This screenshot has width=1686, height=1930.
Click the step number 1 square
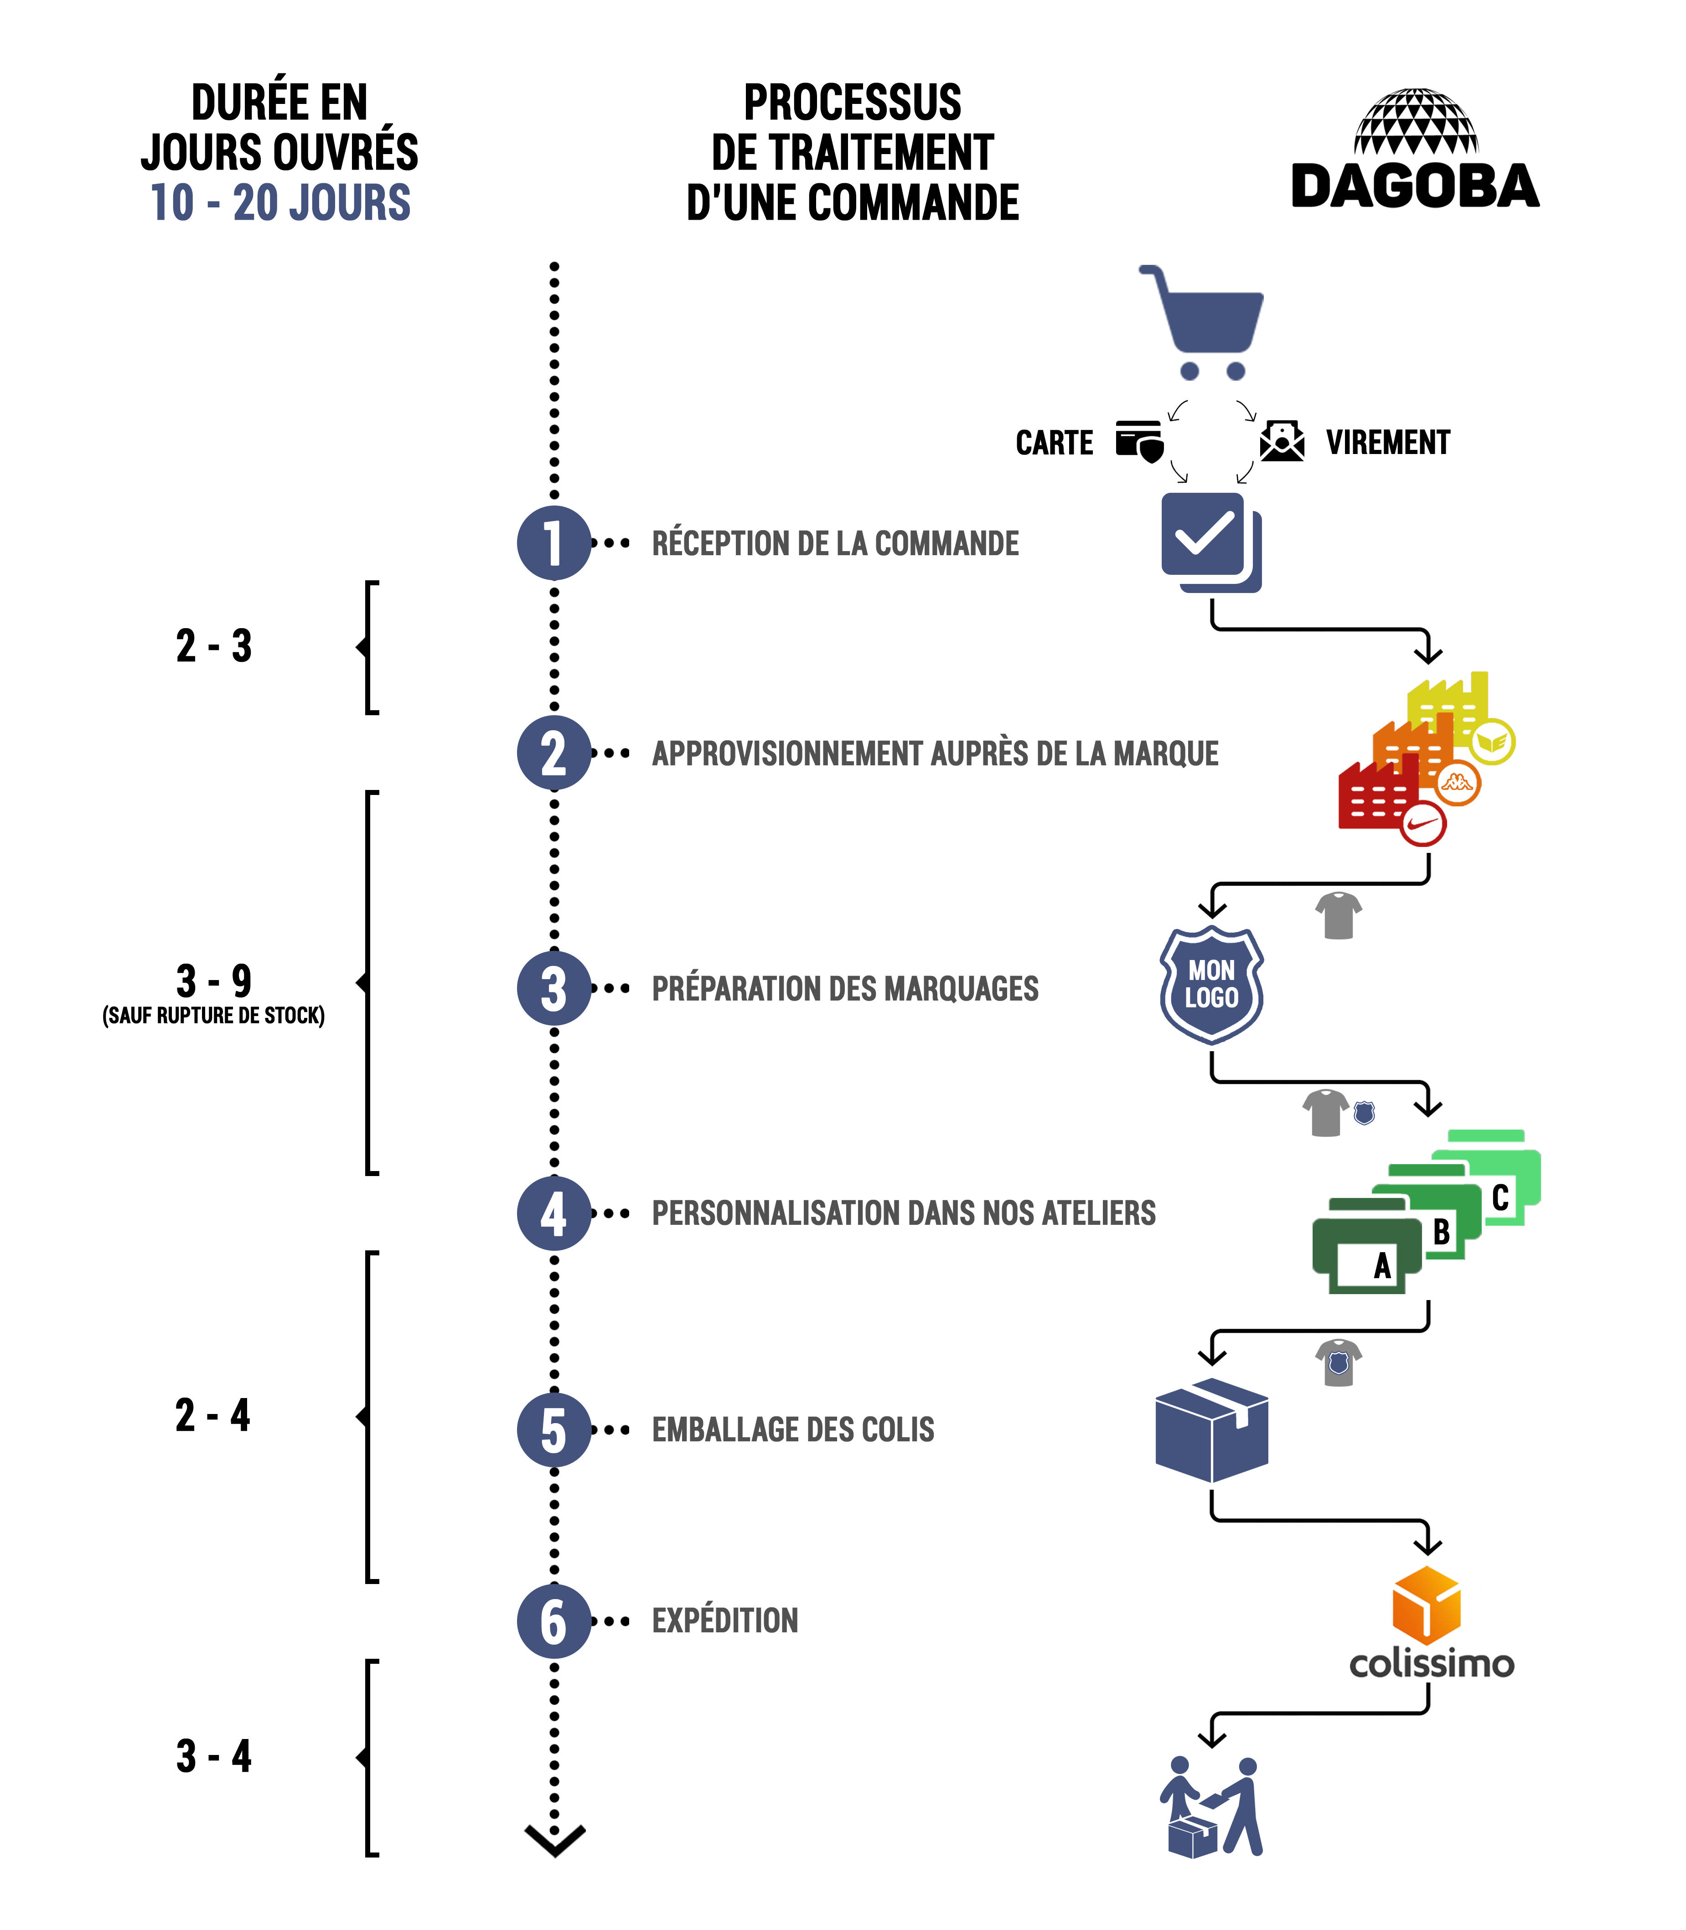click(553, 543)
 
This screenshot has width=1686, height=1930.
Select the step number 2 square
click(553, 753)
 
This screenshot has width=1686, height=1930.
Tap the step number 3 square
click(553, 988)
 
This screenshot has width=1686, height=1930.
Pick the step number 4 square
click(553, 1213)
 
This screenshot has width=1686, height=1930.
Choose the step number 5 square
click(553, 1429)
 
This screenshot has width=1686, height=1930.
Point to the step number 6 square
click(553, 1620)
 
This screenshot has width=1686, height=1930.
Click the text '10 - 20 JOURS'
click(280, 202)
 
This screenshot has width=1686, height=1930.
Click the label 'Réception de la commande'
click(834, 543)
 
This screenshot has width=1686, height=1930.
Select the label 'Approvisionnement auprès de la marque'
click(934, 753)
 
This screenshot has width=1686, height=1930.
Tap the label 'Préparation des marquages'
click(845, 988)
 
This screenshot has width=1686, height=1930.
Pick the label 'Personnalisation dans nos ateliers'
click(903, 1213)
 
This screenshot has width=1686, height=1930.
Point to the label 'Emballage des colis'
click(793, 1429)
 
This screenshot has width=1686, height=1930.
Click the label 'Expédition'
click(724, 1620)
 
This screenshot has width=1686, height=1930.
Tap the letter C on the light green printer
click(1500, 1197)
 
